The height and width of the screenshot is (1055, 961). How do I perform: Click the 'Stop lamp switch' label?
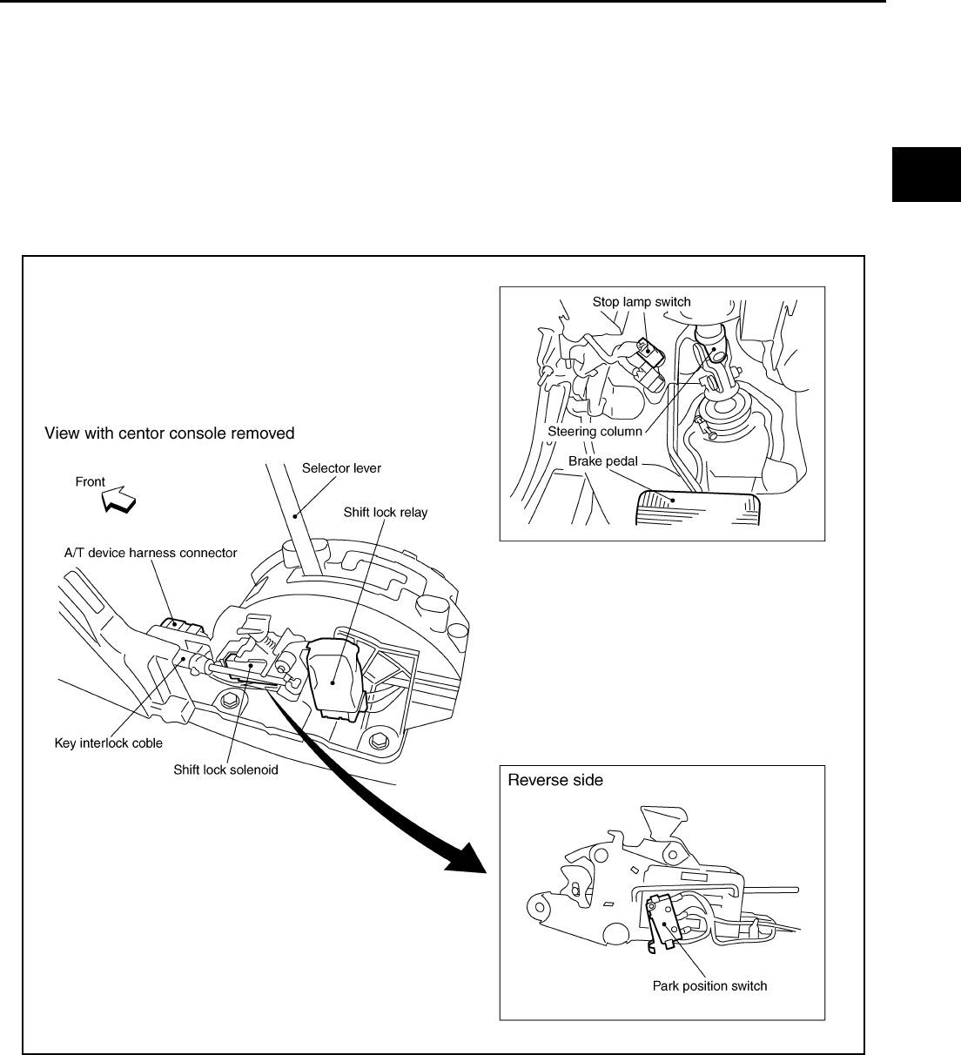coord(642,302)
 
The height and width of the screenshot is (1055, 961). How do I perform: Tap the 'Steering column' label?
coord(595,431)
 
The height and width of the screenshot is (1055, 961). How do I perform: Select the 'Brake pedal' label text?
coord(603,460)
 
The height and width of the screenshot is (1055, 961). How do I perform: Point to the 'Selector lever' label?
coord(341,468)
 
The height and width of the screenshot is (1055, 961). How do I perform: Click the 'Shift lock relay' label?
coord(386,512)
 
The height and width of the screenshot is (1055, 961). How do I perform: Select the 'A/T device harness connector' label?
coord(151,552)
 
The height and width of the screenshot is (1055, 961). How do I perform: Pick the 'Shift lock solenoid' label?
coord(225,769)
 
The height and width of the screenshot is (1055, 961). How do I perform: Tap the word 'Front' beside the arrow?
coord(91,481)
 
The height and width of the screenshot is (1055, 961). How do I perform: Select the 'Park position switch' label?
coord(709,986)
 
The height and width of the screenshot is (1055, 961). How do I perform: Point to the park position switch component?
coord(662,923)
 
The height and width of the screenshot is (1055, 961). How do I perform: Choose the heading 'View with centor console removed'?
coord(170,433)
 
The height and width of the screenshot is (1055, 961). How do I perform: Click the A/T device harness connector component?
coord(181,629)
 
